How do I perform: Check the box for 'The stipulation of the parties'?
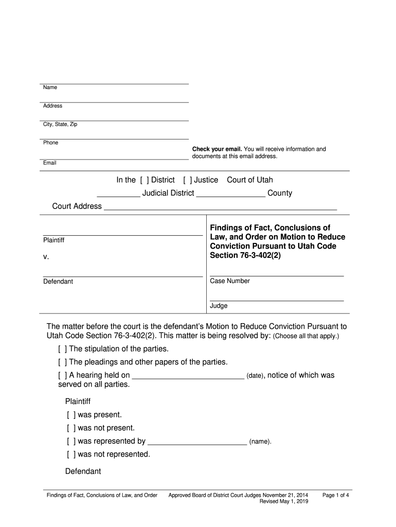[x=62, y=349]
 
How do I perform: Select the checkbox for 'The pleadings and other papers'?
[x=62, y=362]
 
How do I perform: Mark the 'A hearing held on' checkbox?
[x=62, y=375]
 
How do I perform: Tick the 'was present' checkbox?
[x=70, y=415]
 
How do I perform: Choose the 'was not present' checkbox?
[x=70, y=428]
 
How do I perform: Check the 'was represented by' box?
[x=70, y=441]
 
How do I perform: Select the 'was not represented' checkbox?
[x=70, y=454]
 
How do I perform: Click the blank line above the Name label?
[x=115, y=83]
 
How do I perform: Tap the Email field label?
[x=50, y=163]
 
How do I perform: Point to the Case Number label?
[x=230, y=281]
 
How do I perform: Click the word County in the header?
[x=280, y=193]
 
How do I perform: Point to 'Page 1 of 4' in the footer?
[x=336, y=495]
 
